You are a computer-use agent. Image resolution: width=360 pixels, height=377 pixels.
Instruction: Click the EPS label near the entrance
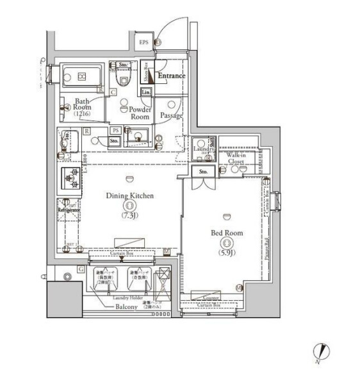144,44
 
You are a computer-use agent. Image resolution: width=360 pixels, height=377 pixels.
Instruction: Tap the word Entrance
171,76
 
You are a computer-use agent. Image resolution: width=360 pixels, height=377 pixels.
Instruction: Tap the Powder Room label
140,113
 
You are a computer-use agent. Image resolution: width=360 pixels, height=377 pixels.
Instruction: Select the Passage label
171,115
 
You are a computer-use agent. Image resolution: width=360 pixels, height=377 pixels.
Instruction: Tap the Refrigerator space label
69,210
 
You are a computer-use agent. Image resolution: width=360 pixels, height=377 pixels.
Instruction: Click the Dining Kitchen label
129,196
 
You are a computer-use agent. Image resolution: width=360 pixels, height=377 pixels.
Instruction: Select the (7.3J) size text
129,216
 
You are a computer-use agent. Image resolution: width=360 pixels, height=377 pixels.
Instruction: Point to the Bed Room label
226,233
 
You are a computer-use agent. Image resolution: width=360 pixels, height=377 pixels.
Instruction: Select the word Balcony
126,307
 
